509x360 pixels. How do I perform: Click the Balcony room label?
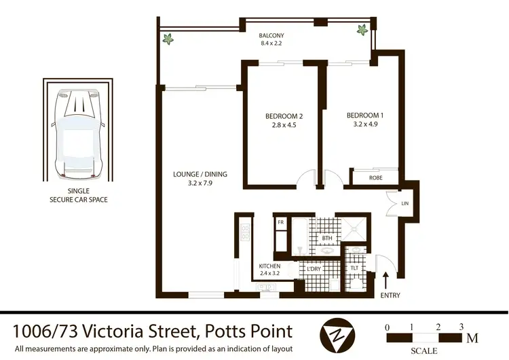(x=271, y=35)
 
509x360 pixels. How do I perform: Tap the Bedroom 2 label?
(x=284, y=116)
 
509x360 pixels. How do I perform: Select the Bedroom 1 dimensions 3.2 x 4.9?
(x=365, y=124)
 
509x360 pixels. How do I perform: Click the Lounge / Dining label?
(x=200, y=174)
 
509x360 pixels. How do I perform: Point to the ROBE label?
(x=375, y=178)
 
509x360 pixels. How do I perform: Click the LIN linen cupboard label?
(x=404, y=204)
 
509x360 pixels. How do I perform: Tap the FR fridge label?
(x=281, y=222)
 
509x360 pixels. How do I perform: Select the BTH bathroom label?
(x=327, y=238)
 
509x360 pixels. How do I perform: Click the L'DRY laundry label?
(x=314, y=269)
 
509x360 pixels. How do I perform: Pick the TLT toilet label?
(x=354, y=268)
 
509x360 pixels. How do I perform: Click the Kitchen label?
(x=269, y=266)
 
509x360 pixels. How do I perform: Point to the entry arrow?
(x=385, y=281)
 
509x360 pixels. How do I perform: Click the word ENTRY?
(x=390, y=295)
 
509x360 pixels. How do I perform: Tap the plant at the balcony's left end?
(x=168, y=39)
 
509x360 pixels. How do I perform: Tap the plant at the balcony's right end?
(x=362, y=30)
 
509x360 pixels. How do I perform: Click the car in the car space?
(x=78, y=133)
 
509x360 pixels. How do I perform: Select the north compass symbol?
(x=337, y=335)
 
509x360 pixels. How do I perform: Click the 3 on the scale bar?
(x=461, y=327)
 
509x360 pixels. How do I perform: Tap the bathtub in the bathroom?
(x=300, y=236)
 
